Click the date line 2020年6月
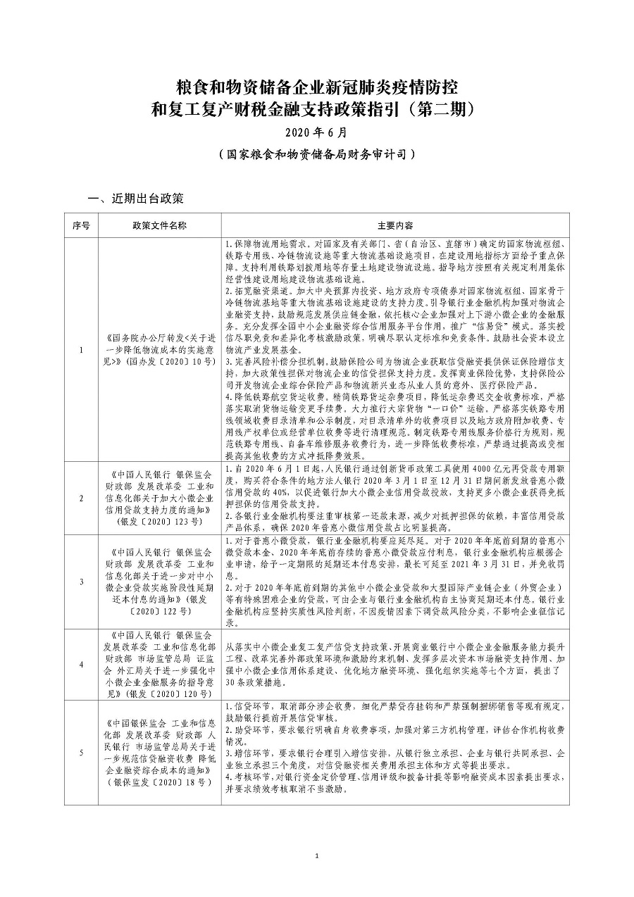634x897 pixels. (x=316, y=132)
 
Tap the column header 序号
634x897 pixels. (x=81, y=226)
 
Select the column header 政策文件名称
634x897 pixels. (x=159, y=226)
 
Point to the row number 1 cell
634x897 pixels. (x=81, y=350)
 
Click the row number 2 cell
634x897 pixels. (x=81, y=498)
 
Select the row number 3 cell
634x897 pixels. (x=81, y=582)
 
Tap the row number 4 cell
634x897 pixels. (x=81, y=664)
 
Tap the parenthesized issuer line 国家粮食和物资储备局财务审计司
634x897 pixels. (x=316, y=153)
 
